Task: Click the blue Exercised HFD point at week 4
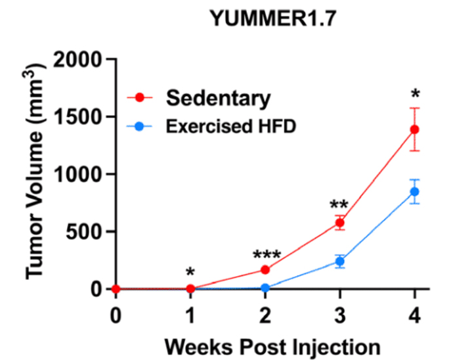pos(414,191)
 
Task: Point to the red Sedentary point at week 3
pos(340,223)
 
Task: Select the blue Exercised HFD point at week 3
pos(340,261)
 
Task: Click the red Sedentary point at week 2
pos(265,269)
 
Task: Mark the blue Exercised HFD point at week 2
pos(265,287)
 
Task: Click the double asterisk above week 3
pos(340,206)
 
